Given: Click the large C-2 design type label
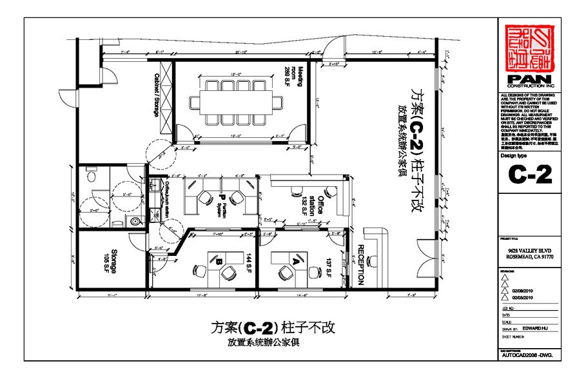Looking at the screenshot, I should pos(529,175).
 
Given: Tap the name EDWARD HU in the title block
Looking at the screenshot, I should pos(538,327).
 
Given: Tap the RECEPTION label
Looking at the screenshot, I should pos(360,265).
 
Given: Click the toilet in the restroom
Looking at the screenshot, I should pos(90,175).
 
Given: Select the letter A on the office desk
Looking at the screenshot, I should pos(296,261).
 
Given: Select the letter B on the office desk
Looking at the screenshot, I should pos(219,261).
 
